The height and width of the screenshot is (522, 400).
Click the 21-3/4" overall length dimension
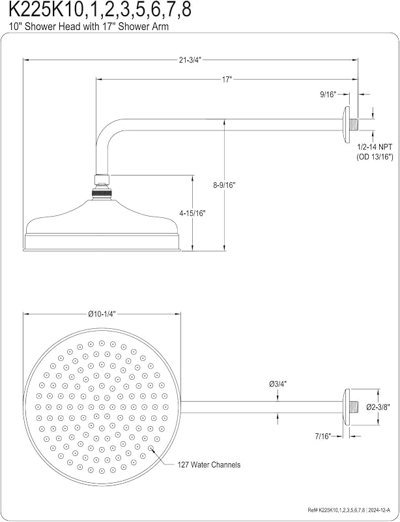pos(190,60)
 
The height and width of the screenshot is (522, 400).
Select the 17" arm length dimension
pos(227,79)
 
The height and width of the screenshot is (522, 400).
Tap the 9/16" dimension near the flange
pos(328,94)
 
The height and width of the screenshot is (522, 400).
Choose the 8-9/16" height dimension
pos(225,185)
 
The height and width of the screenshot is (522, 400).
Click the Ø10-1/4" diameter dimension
pos(102,315)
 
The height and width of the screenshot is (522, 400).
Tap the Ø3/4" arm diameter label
pos(278,384)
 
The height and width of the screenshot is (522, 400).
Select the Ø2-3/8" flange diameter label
pos(378,407)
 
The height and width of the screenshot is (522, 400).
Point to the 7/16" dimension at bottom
pos(324,436)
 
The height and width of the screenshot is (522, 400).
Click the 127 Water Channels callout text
pos(209,465)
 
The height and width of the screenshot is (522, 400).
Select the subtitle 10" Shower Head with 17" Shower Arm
pos(89,27)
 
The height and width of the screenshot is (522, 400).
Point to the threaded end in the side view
pos(354,124)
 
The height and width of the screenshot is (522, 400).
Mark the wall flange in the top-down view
pos(347,407)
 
